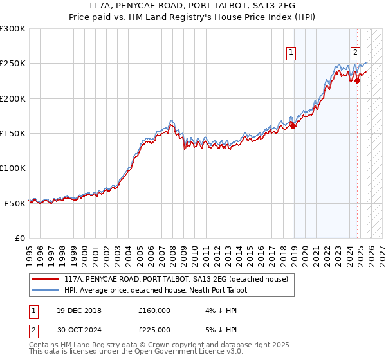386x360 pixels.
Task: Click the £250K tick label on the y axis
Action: point(13,64)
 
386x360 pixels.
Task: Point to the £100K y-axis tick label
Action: point(13,168)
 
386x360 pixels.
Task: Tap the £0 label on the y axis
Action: point(21,238)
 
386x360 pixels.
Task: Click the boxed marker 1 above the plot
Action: point(291,53)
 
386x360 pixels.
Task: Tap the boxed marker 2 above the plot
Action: point(355,53)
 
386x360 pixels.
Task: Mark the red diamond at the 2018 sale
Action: point(293,127)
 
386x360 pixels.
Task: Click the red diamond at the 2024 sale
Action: point(358,80)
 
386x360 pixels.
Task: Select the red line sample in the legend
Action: point(45,279)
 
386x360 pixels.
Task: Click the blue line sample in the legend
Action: point(45,290)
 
